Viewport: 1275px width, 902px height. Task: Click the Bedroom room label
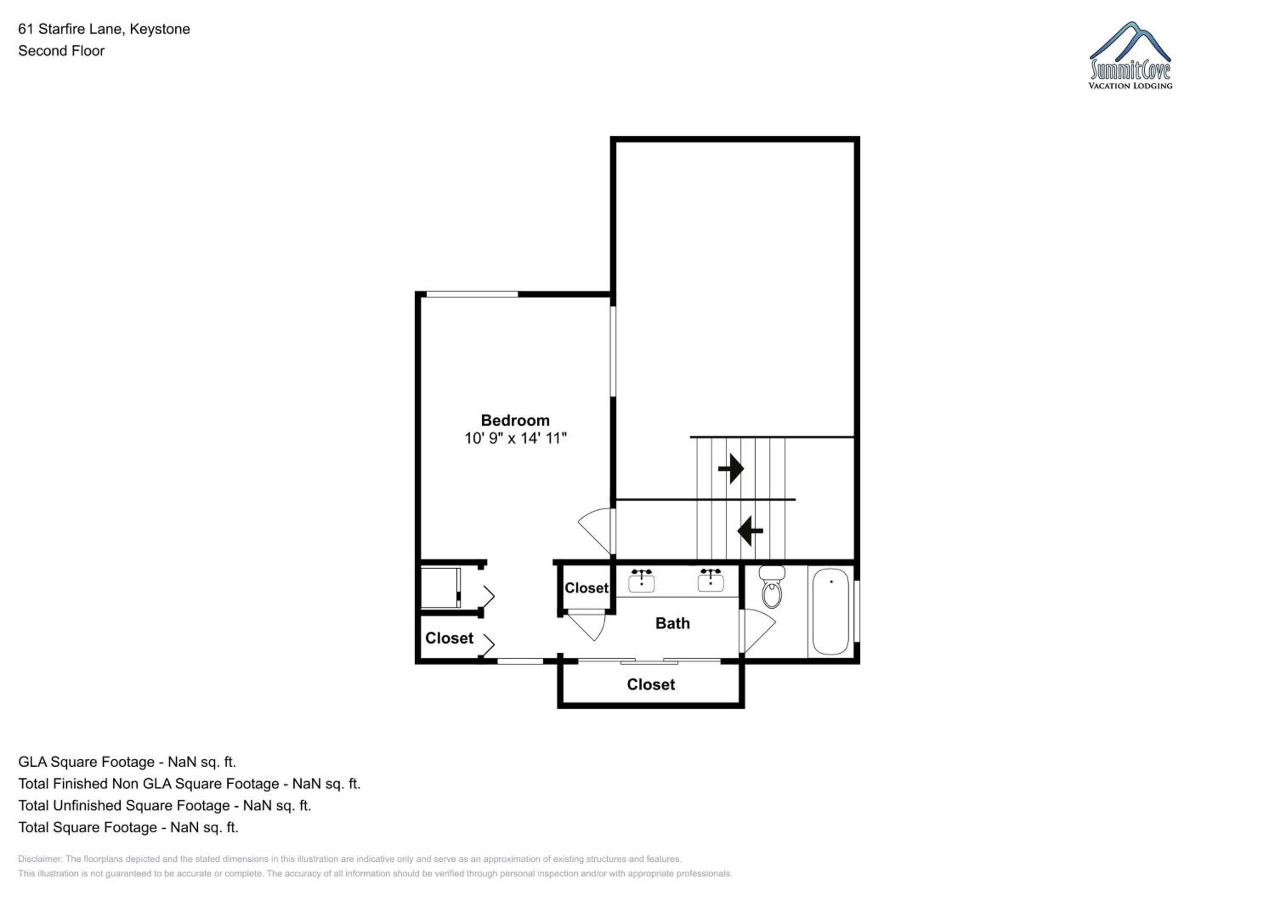tap(515, 420)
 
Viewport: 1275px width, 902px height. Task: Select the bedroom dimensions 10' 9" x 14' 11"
tap(516, 438)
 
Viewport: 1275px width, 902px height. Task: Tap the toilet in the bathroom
tap(772, 587)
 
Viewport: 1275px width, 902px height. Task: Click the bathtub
tap(831, 612)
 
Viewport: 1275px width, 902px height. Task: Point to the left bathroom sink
tap(641, 581)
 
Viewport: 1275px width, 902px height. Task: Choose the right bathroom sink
tap(711, 581)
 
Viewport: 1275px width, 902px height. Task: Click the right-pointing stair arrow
tap(731, 469)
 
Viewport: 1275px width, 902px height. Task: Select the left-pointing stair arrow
tap(750, 531)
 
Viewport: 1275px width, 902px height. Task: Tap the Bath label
tap(672, 623)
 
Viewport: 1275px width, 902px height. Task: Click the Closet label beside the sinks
tap(586, 587)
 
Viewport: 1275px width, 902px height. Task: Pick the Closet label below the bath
tap(651, 684)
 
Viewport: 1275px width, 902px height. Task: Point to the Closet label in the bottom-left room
tap(449, 638)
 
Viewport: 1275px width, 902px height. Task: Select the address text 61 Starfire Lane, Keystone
tap(104, 29)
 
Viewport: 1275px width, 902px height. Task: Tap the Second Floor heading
tap(61, 51)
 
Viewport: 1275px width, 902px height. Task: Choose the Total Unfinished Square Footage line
tap(164, 806)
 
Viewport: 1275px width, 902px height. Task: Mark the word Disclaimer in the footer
tap(40, 859)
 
